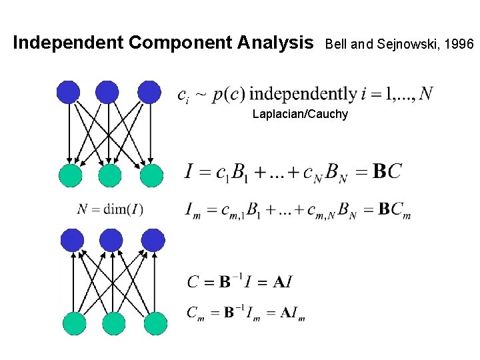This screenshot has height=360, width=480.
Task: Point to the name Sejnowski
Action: (401, 45)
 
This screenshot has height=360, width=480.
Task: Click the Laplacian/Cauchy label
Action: (300, 114)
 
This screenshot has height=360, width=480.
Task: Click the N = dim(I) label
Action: (110, 209)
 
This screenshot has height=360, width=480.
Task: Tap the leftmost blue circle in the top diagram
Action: (68, 91)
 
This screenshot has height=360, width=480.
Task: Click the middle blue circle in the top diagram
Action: (107, 91)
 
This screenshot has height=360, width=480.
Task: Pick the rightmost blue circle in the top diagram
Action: (149, 91)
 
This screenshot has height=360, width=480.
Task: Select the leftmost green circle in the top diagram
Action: (70, 175)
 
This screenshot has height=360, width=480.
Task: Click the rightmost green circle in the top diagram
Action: (152, 175)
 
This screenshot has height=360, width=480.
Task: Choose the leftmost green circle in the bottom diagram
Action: (75, 323)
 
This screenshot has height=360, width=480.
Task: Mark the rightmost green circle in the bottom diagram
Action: (155, 323)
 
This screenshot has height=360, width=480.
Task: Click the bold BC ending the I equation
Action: (387, 171)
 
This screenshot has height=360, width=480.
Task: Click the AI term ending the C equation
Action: (282, 281)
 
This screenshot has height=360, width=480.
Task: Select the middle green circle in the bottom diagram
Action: (114, 323)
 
